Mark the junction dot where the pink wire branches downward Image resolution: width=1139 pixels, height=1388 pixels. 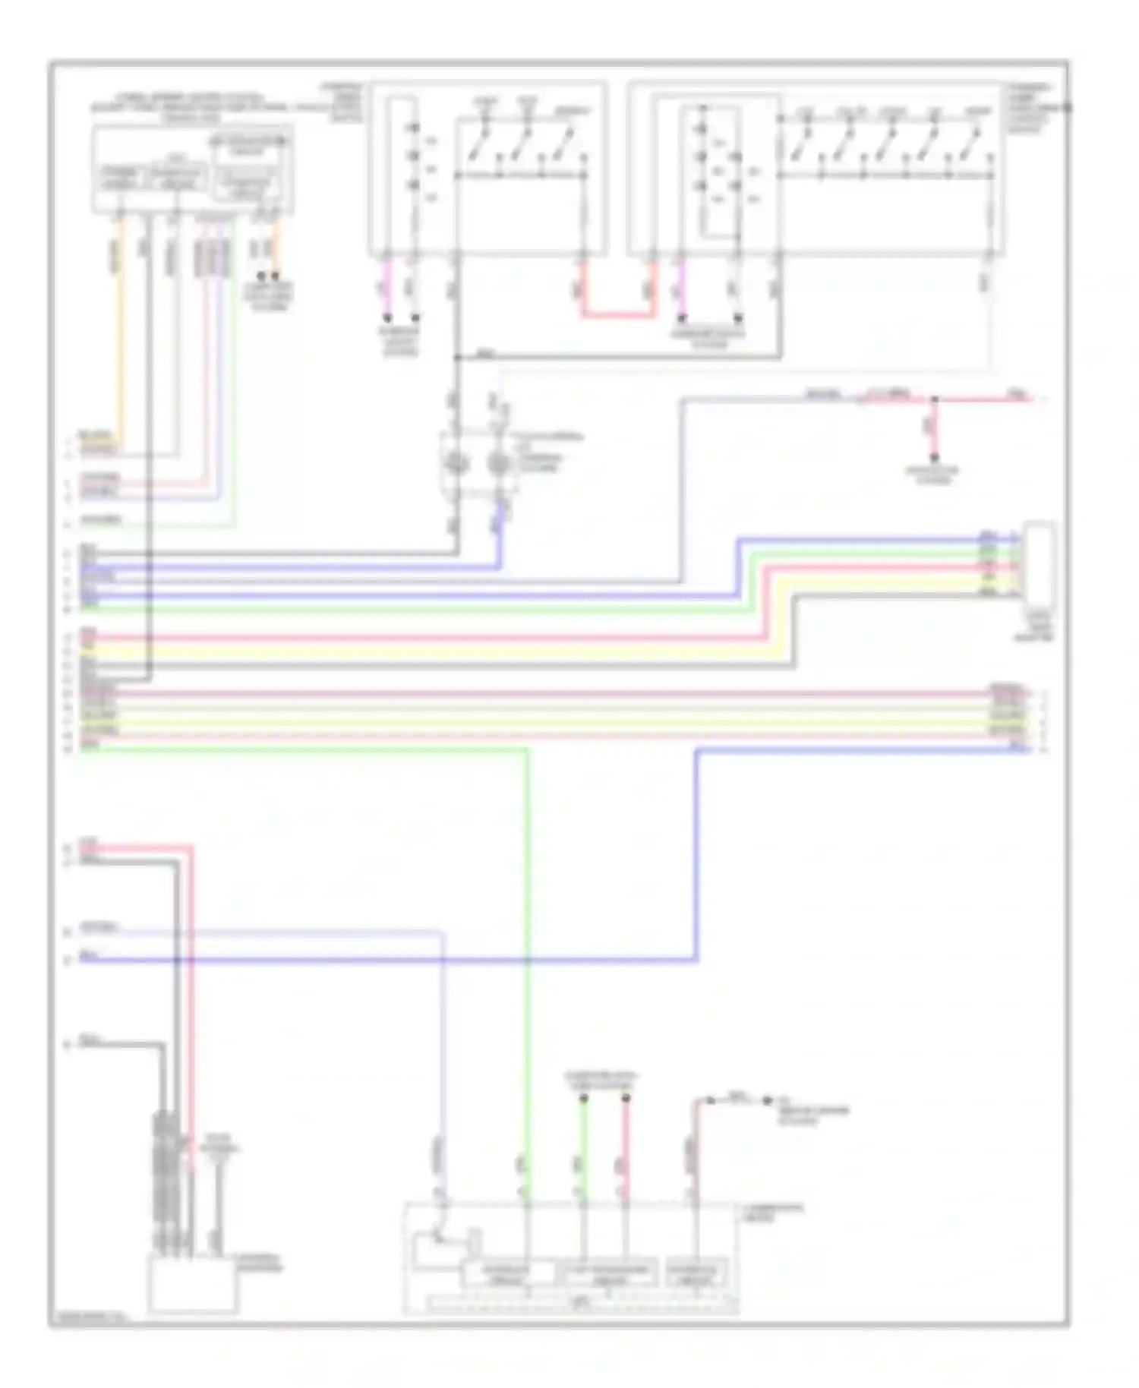935,399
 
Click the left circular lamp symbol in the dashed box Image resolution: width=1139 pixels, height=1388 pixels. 455,462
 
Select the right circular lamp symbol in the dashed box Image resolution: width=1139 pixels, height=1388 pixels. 497,462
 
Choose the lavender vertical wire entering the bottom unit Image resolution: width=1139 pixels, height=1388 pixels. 443,1063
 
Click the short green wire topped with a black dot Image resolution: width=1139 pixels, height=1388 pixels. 584,1147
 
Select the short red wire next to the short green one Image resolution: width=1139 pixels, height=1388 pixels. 626,1147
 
